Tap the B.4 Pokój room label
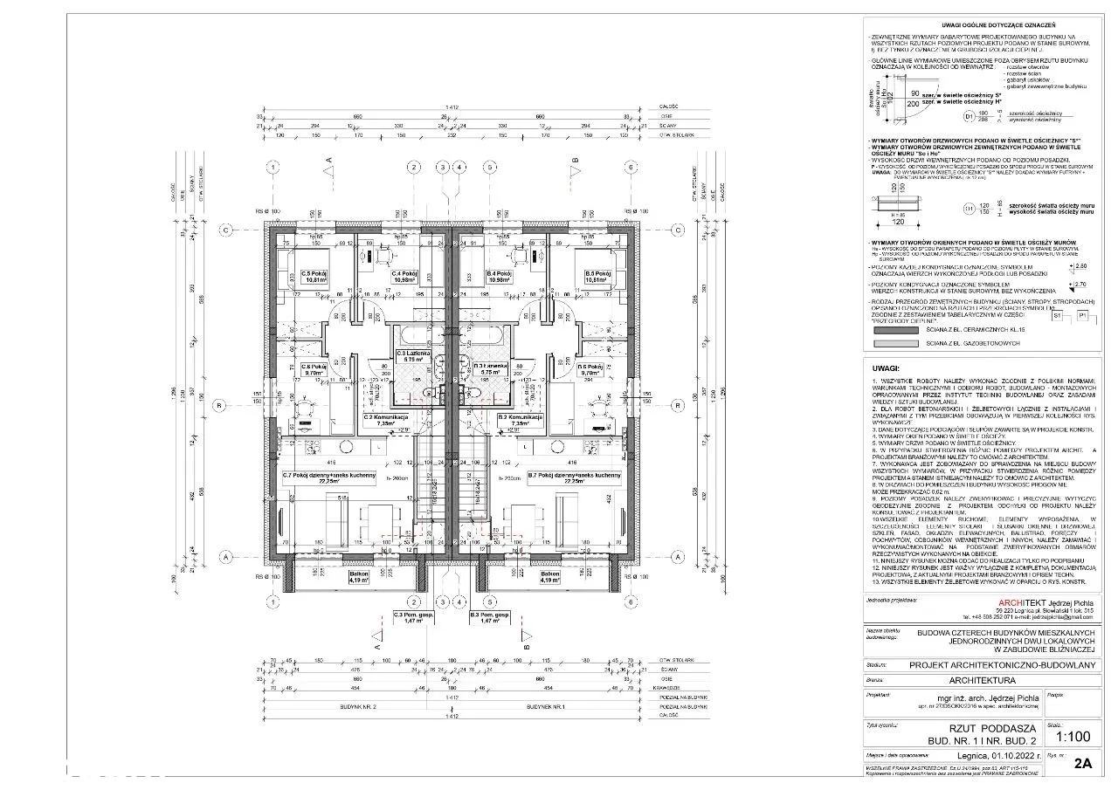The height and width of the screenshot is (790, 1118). click(x=499, y=273)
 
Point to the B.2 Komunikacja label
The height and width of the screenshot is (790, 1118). click(x=521, y=418)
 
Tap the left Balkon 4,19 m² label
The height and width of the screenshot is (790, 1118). click(x=359, y=575)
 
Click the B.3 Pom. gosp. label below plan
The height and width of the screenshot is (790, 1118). click(x=488, y=616)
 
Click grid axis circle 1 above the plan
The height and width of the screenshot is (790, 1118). click(x=274, y=168)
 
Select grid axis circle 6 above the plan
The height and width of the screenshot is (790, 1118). click(x=490, y=168)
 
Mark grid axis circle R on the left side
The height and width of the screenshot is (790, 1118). click(x=225, y=405)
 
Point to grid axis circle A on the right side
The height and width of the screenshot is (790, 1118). click(x=677, y=556)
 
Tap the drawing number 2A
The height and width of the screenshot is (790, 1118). click(x=1083, y=763)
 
